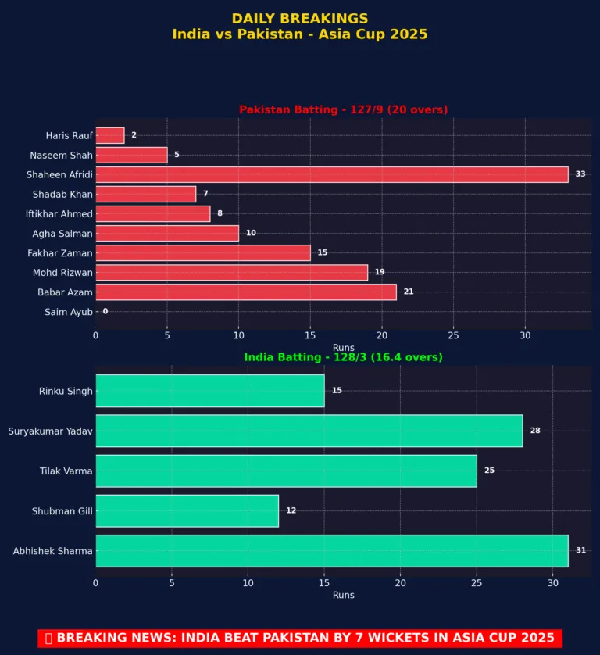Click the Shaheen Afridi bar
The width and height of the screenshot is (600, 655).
tap(331, 174)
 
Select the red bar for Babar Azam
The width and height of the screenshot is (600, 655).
tap(245, 292)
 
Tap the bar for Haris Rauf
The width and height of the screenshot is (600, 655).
tap(109, 135)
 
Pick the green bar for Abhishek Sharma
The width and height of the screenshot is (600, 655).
tap(331, 551)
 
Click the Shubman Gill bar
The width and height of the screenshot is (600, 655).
tap(187, 510)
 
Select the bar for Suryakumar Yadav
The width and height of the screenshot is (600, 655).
tap(309, 431)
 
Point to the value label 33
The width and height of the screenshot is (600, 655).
tap(580, 174)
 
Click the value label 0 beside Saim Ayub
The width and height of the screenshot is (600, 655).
tap(105, 312)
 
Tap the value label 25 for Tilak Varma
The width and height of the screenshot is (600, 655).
tap(489, 471)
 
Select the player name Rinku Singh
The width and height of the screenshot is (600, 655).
tap(66, 391)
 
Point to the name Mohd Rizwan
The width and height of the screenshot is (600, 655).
tap(62, 273)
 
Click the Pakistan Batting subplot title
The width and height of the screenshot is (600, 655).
tap(343, 109)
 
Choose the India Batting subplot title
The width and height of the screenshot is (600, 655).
tap(343, 357)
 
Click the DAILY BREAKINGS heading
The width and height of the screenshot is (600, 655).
tap(299, 18)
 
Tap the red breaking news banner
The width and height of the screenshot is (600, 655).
tap(299, 638)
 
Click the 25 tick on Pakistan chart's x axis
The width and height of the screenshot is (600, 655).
tap(453, 335)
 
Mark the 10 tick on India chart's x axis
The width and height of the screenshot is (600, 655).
tap(248, 582)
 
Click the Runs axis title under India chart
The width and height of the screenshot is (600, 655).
tap(343, 595)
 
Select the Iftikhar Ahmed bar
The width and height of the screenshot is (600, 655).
tap(152, 214)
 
